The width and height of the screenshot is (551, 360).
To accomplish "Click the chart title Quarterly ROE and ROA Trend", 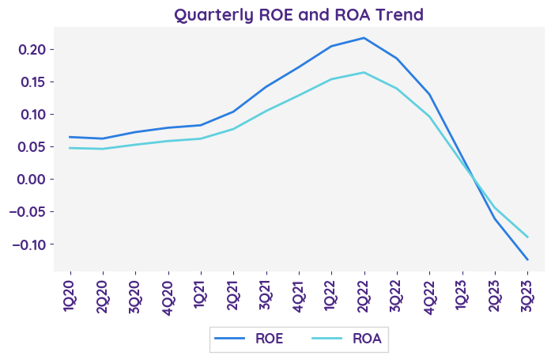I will coord(299,15).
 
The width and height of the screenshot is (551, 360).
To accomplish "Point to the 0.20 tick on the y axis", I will coord(32,50).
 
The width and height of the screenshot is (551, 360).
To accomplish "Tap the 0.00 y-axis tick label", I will coord(32,180).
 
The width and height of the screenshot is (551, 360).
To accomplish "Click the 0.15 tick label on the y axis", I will coord(32,82).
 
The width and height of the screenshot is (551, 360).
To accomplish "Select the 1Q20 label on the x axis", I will coord(70,294).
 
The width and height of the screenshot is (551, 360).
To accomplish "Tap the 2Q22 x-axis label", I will coord(364,294).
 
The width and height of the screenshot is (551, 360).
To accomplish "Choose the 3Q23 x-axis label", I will coord(527,294).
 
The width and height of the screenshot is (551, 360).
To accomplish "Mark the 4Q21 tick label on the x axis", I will coord(298,294).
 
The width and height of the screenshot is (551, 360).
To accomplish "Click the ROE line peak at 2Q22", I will coord(364,38).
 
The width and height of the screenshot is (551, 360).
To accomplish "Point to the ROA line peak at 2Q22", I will coord(364,73).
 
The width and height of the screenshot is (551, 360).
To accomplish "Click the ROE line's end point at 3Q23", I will coord(527,260).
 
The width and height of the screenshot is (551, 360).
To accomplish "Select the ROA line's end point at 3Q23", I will coord(527,237).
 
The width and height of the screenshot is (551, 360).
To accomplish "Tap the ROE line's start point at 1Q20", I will coord(70,137).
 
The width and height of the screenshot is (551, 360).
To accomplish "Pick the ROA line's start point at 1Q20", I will coord(70,148).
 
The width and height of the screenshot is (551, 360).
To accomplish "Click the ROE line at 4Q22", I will coord(429,95).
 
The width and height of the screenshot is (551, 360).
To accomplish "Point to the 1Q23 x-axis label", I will coord(462,294).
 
